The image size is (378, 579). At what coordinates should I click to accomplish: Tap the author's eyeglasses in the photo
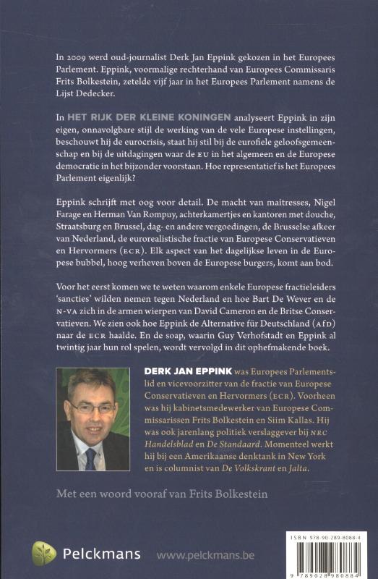93,407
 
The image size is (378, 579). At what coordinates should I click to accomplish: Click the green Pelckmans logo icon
43,553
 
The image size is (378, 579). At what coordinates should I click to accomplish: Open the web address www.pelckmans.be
206,556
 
